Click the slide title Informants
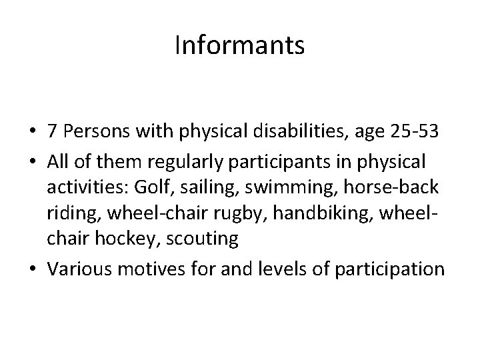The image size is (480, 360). point(239,46)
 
